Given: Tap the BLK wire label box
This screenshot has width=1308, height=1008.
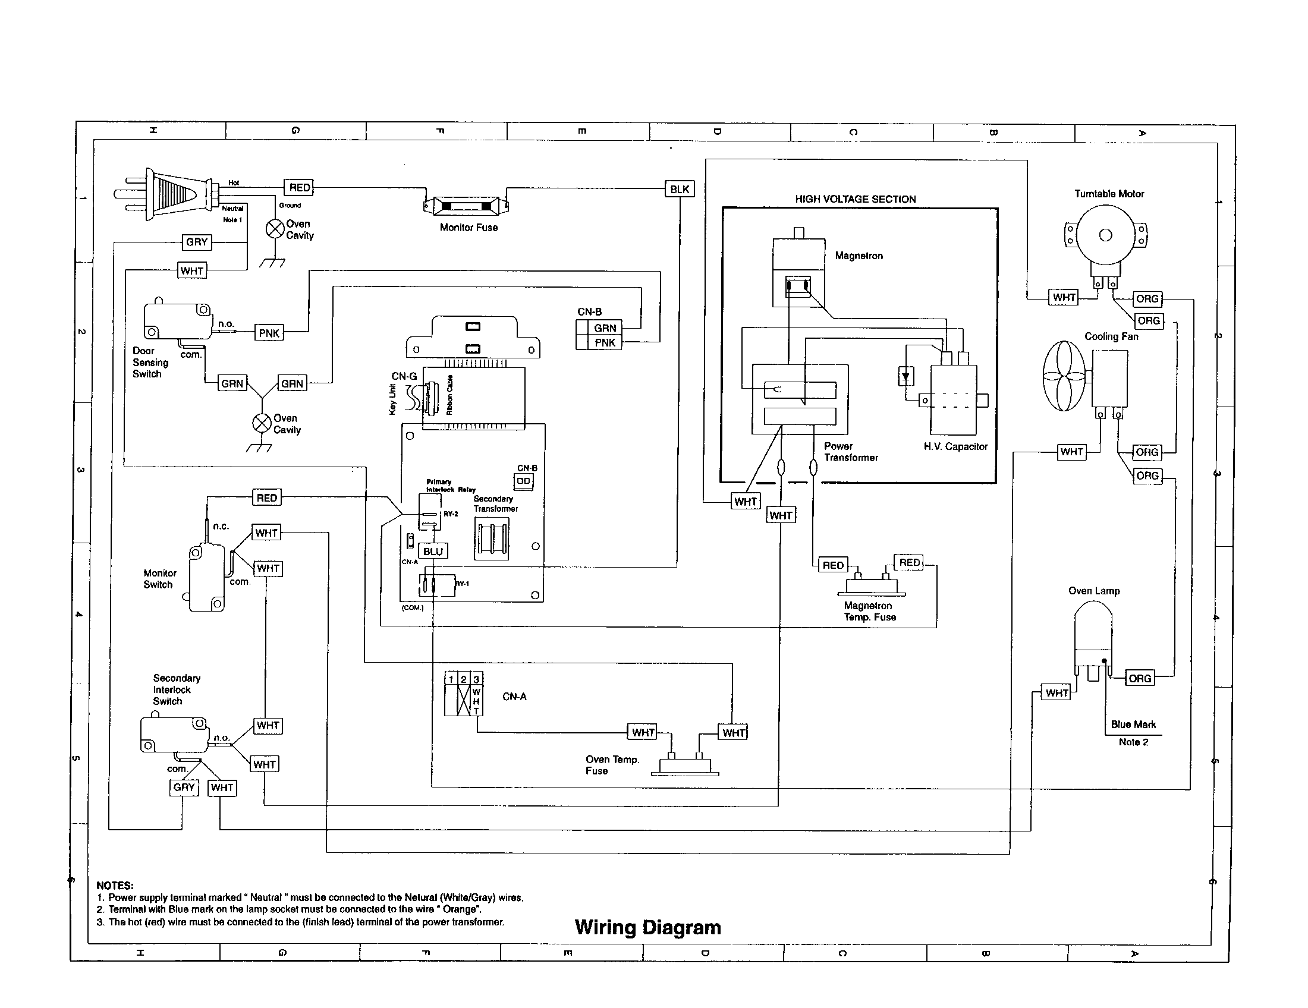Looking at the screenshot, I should (679, 189).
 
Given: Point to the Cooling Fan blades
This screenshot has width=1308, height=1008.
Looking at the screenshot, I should (1064, 376).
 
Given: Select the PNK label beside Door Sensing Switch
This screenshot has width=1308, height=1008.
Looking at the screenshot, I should (269, 333).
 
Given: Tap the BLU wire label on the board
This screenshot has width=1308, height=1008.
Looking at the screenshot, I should (433, 552).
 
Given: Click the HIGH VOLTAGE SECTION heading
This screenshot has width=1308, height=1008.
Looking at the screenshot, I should (854, 199).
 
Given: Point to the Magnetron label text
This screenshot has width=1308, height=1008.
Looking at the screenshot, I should (858, 256).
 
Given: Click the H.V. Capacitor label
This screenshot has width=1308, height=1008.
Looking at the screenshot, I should (955, 446).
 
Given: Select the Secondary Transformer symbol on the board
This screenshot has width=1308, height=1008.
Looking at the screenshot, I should (491, 538).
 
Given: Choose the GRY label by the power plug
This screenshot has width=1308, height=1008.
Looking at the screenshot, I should (196, 242).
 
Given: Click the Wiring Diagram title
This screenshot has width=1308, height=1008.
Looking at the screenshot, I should (647, 927).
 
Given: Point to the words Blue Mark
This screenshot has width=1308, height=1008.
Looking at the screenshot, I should (1133, 724).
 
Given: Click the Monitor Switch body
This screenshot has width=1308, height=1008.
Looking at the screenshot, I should (206, 578).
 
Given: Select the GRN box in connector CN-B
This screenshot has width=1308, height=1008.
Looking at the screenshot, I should (605, 327).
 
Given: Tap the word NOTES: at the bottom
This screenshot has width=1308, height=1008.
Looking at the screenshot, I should (115, 886).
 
